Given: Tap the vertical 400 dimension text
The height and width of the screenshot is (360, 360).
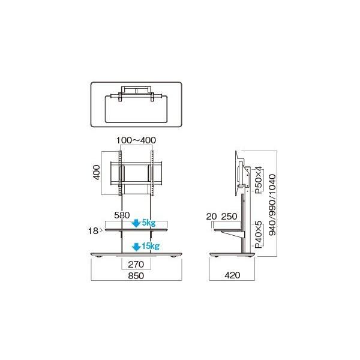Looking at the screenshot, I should pyautogui.click(x=97, y=173).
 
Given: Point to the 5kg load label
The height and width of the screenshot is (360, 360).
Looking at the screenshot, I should pyautogui.click(x=147, y=223).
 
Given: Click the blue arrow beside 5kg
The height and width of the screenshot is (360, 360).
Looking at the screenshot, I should pyautogui.click(x=136, y=223).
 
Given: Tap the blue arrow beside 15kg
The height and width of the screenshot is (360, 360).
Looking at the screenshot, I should pyautogui.click(x=136, y=246).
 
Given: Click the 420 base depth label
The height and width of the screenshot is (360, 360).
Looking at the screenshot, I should pyautogui.click(x=234, y=276).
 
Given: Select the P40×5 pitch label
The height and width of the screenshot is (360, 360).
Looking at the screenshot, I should pyautogui.click(x=258, y=235).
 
